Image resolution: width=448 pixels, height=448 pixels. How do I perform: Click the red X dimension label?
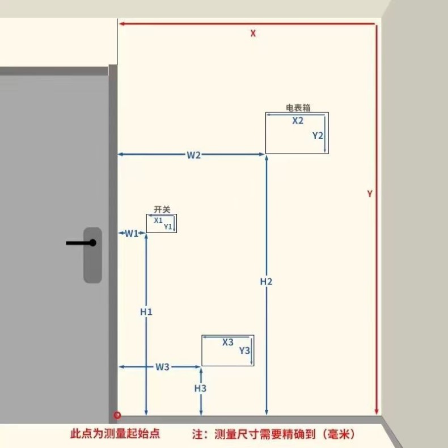click(x=253, y=33)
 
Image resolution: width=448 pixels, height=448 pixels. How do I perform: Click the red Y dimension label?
click(x=370, y=193)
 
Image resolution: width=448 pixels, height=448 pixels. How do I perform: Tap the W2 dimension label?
click(x=194, y=155)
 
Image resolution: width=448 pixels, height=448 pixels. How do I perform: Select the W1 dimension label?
click(x=132, y=233)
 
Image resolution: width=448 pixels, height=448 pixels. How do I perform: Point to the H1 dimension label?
click(x=146, y=312)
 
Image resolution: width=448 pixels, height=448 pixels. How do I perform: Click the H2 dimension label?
click(x=267, y=281)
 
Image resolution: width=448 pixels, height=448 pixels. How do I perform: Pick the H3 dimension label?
click(x=200, y=388)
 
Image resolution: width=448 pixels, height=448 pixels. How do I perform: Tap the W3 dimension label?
click(x=163, y=367)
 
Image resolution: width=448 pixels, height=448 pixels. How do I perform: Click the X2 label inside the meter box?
click(x=298, y=121)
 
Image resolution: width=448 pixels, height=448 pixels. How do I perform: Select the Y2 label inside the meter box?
click(x=318, y=136)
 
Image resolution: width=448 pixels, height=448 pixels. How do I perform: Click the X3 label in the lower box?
click(x=228, y=343)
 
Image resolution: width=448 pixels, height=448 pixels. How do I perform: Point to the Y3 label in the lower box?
click(x=244, y=350)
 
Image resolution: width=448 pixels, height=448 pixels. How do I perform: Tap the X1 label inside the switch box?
click(x=158, y=220)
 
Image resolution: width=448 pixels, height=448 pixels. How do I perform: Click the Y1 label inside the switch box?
click(x=168, y=227)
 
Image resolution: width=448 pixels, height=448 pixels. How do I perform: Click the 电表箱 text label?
click(x=298, y=107)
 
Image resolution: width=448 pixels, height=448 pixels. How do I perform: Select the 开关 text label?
click(x=162, y=209)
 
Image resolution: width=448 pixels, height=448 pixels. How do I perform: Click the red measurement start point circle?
click(x=117, y=415)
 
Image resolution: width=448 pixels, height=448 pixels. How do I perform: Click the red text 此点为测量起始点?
click(x=115, y=434)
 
